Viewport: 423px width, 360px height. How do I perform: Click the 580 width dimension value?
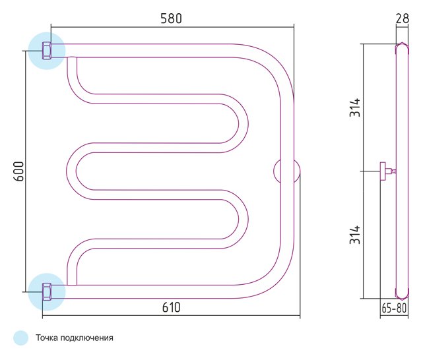[x=172, y=18]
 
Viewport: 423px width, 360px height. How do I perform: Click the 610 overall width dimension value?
[x=172, y=307]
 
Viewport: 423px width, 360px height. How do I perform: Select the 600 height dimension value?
[x=19, y=171]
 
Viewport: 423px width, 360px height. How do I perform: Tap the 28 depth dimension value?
[x=403, y=18]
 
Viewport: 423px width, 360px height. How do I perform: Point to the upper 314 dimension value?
[x=355, y=107]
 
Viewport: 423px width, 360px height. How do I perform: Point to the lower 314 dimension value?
[x=355, y=235]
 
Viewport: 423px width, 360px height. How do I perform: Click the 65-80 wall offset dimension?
[x=394, y=308]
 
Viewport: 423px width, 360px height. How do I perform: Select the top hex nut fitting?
[x=47, y=51]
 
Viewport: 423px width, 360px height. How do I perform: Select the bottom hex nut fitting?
[x=47, y=292]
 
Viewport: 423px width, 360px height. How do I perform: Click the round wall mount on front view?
[x=286, y=171]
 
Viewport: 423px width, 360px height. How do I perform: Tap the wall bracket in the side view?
[x=386, y=171]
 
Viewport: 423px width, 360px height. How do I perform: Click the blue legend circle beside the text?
[x=20, y=338]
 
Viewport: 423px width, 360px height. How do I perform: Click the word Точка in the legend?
[x=47, y=338]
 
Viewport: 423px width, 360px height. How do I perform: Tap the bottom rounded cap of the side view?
[x=403, y=293]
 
